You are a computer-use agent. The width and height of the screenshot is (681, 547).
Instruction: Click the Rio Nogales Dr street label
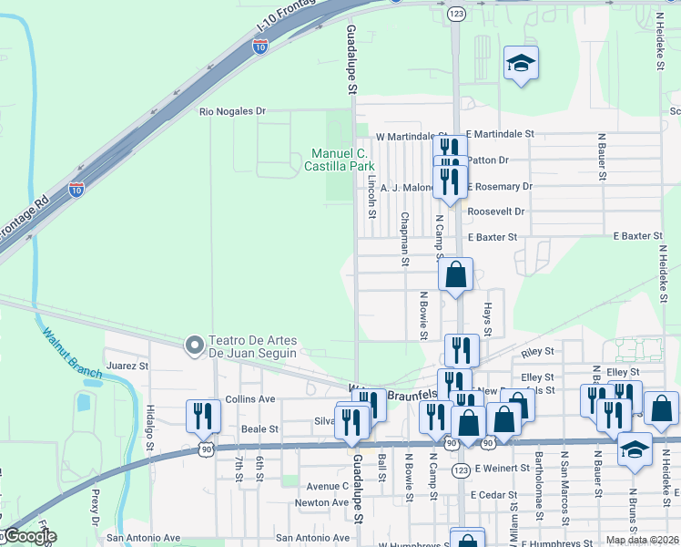[x=232, y=111]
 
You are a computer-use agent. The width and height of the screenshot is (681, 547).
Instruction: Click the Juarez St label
[x=127, y=366]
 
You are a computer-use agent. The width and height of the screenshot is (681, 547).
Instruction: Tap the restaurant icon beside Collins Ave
[x=203, y=416]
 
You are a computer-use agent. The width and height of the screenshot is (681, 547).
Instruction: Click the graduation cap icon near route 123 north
[x=522, y=63]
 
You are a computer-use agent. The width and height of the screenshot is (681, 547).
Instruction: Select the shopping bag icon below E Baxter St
[x=456, y=273]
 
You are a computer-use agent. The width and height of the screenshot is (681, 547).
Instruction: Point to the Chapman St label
[x=403, y=240]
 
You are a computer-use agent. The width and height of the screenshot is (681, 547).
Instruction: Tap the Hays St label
[x=488, y=319]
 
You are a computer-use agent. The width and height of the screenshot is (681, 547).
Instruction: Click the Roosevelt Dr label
[x=496, y=211]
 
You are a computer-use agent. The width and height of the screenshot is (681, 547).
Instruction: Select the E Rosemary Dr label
[x=500, y=186]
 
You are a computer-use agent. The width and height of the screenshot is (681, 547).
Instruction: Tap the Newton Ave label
[x=321, y=502]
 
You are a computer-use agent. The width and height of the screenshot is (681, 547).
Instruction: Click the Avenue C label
[x=327, y=486]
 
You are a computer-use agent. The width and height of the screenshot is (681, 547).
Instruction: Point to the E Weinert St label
[x=500, y=468]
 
